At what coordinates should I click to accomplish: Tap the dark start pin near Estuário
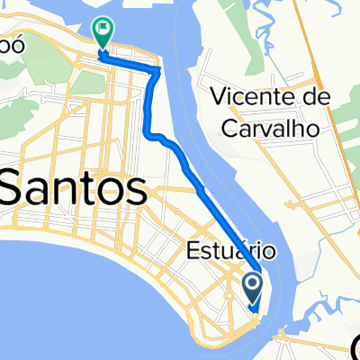(x=252, y=288)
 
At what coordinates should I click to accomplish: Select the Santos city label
(x=74, y=190)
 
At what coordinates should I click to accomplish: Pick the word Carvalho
(x=275, y=129)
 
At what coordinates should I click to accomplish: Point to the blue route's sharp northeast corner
(x=160, y=68)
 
